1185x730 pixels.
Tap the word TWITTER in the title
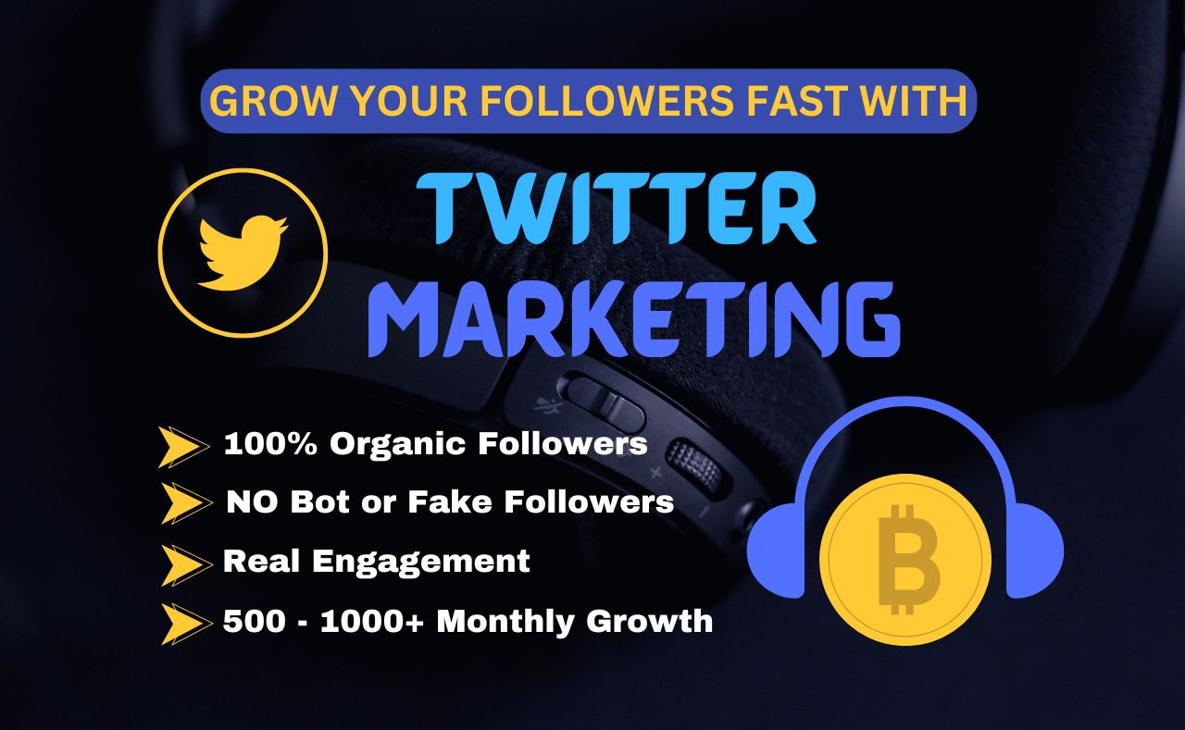tap(617, 213)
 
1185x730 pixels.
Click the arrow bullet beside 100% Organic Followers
tap(182, 447)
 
